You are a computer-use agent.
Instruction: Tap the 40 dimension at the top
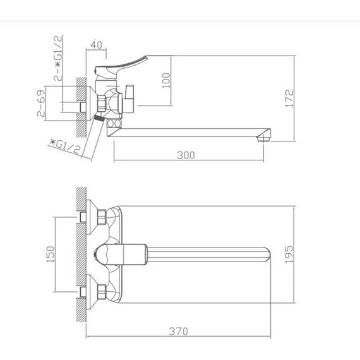pos(96,45)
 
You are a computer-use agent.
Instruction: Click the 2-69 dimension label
pos(40,104)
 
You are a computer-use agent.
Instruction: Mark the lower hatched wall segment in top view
pos(80,296)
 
